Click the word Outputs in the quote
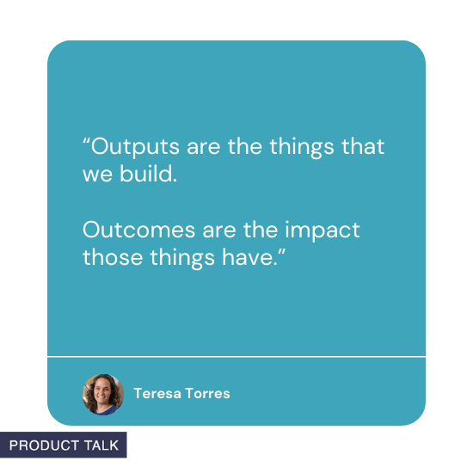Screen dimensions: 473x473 tap(124, 146)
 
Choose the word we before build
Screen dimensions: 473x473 tap(97, 175)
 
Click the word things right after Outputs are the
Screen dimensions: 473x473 tap(300, 147)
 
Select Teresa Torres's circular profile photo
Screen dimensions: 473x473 tap(103, 395)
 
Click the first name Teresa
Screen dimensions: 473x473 tap(157, 394)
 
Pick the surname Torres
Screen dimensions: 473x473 tap(207, 394)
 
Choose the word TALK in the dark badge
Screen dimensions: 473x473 tap(101, 445)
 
